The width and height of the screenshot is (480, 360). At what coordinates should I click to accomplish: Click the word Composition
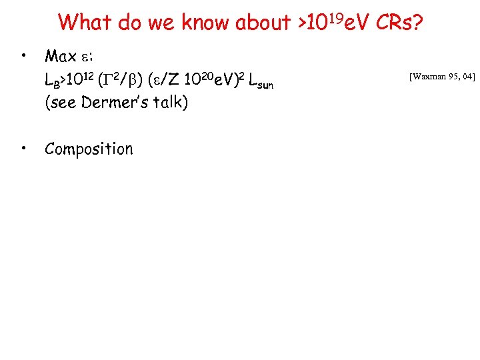89,149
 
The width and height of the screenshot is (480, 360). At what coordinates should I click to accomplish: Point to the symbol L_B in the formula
51,81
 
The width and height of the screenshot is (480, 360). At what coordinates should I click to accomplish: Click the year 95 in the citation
457,77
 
